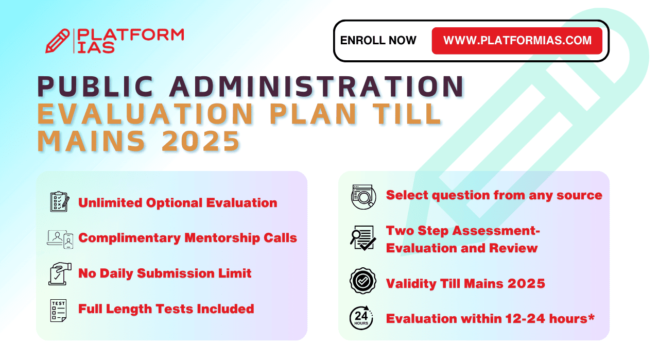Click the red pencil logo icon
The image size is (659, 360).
(57, 41)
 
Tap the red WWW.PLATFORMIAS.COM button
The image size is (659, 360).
(517, 41)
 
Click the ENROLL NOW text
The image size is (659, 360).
(378, 40)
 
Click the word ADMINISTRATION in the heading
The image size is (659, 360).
(317, 87)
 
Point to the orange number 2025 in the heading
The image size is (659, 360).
(201, 141)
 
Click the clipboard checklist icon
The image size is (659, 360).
(60, 202)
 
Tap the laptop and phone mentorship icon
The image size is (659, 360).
(60, 239)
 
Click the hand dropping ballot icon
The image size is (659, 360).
(60, 274)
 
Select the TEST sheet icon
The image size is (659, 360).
(58, 311)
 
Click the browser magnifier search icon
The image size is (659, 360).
(363, 197)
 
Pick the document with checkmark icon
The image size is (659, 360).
(363, 238)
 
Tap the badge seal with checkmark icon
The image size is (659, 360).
(363, 281)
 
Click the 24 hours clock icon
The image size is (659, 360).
(361, 318)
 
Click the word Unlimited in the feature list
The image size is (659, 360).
(110, 203)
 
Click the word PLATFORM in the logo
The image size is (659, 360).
(130, 35)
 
